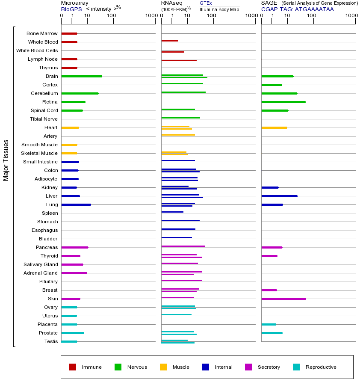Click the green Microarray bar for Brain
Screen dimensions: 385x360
[82, 76]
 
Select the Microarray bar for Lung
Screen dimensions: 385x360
[76, 204]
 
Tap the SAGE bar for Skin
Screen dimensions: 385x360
[283, 299]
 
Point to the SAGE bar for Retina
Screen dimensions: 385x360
[283, 102]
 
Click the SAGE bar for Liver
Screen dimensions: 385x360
[279, 196]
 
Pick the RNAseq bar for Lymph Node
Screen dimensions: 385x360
[179, 60]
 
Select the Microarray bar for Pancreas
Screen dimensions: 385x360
[75, 247]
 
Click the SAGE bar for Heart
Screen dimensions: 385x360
[274, 127]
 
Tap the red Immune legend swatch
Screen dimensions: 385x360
[73, 367]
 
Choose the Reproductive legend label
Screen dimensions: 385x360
[321, 367]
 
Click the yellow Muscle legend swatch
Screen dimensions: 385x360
[163, 367]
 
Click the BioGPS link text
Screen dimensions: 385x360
[70, 9]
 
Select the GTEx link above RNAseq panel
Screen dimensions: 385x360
[206, 3]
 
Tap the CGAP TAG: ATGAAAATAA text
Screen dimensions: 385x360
[298, 9]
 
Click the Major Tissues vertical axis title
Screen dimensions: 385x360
[6, 160]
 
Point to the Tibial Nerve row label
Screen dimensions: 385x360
[44, 119]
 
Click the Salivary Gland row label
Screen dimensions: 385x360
[41, 264]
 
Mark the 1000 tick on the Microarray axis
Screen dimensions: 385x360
[150, 16]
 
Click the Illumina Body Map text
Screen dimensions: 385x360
[219, 9]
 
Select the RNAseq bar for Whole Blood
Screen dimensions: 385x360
[170, 41]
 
